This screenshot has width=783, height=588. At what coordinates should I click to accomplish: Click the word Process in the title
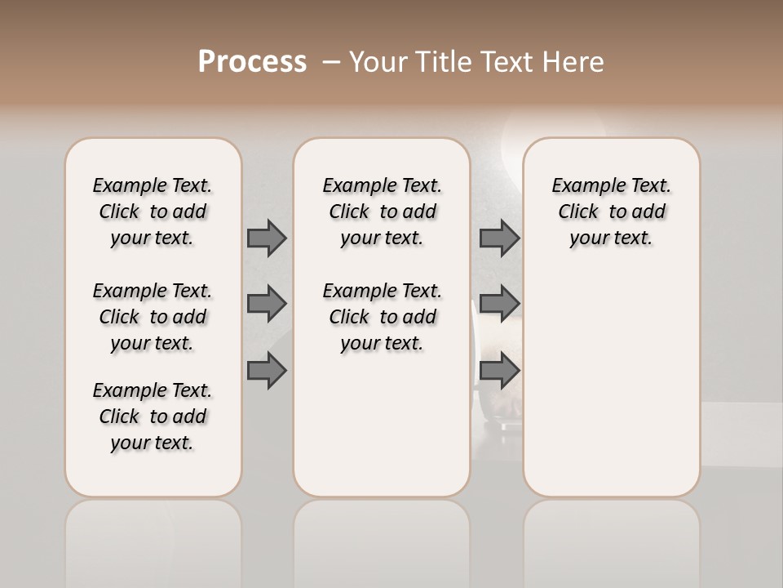[252, 62]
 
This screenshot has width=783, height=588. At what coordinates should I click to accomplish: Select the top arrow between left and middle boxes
[267, 238]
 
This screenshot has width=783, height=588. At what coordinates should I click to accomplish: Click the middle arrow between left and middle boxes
[267, 304]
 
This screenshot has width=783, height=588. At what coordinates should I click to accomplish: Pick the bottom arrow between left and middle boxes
[267, 371]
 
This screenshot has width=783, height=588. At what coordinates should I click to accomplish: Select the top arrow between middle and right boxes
[499, 238]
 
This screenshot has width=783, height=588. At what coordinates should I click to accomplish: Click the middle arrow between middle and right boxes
[499, 304]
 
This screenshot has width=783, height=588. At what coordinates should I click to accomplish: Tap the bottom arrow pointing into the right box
[499, 371]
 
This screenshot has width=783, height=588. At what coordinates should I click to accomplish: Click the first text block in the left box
[153, 212]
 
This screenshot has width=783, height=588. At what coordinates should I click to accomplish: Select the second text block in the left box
[153, 317]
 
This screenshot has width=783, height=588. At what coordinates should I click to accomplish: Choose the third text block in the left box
[153, 416]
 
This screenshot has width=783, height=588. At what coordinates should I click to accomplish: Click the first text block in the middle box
[382, 212]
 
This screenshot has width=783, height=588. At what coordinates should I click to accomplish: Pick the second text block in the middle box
[382, 317]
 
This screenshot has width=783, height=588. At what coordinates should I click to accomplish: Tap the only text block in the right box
[611, 212]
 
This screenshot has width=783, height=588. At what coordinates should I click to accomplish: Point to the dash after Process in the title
[330, 62]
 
